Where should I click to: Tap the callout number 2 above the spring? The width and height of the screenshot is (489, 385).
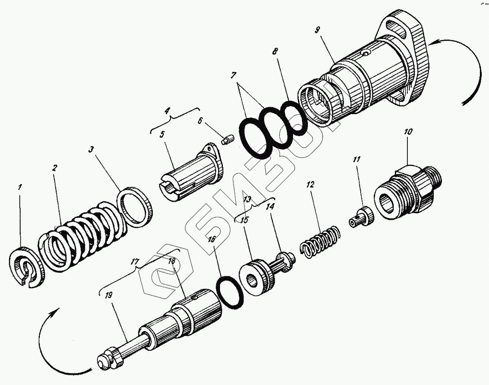[x=54, y=168]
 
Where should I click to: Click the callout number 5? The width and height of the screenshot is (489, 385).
[x=162, y=134]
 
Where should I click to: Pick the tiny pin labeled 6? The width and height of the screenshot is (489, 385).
[x=227, y=140]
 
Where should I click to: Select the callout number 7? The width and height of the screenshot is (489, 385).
[x=233, y=76]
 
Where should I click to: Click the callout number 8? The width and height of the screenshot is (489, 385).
[x=275, y=51]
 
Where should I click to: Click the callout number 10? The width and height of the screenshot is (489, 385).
[x=408, y=131]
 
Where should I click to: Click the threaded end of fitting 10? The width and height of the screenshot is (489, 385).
[x=431, y=178]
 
